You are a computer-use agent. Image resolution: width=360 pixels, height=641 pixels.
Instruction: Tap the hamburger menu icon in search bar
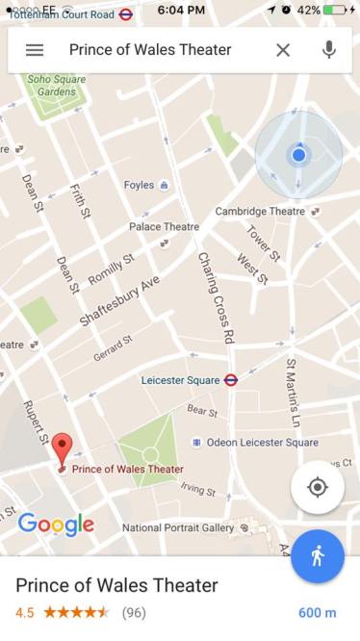tap(35, 50)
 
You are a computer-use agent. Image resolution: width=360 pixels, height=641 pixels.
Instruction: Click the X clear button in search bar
tap(283, 50)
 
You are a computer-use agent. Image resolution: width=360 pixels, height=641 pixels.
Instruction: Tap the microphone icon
tap(329, 50)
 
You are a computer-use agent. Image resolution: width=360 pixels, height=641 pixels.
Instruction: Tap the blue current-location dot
tap(298, 154)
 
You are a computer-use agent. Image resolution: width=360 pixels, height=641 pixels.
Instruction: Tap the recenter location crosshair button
tap(318, 487)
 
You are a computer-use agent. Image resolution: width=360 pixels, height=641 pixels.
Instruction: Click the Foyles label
tap(140, 185)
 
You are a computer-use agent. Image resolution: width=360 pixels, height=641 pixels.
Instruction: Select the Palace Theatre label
tap(164, 227)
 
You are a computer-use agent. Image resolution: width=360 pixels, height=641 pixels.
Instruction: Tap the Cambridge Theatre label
tap(260, 212)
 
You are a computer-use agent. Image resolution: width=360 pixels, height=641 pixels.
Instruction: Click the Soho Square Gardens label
tap(55, 86)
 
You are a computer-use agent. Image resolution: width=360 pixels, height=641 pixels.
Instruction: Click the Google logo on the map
tap(56, 525)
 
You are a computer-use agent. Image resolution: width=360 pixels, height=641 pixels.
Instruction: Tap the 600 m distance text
tap(317, 612)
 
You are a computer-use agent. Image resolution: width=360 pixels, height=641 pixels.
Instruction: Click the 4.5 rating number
tap(25, 612)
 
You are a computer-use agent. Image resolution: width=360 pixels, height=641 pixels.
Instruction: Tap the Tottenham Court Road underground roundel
tap(126, 14)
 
